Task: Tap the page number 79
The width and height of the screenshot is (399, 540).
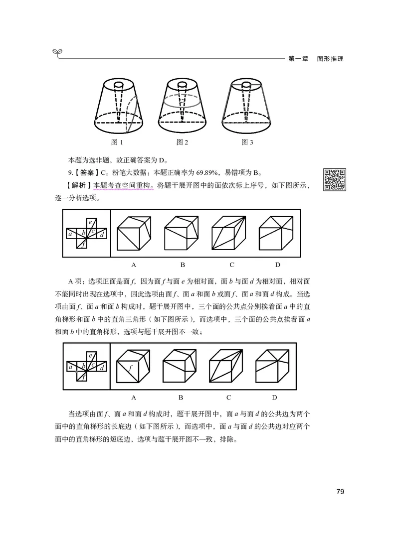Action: (x=341, y=492)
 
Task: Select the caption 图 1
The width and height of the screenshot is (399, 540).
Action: (x=117, y=142)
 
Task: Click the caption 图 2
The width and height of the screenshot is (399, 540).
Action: (x=182, y=142)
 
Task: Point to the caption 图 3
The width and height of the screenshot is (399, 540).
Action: (x=247, y=142)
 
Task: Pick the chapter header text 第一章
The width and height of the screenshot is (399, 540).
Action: (x=300, y=59)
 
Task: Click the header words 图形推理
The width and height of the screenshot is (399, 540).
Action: (x=330, y=59)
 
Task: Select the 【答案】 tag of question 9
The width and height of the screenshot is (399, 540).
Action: (x=86, y=173)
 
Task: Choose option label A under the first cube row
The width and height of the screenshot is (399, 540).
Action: (x=134, y=265)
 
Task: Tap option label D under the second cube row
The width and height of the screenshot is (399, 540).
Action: (x=274, y=398)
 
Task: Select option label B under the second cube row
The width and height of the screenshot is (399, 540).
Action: (x=181, y=398)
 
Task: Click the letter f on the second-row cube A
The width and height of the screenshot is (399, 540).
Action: (x=130, y=368)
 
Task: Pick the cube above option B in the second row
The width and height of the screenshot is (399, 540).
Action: (x=180, y=367)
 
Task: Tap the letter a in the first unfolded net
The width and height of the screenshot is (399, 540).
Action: (x=71, y=234)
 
